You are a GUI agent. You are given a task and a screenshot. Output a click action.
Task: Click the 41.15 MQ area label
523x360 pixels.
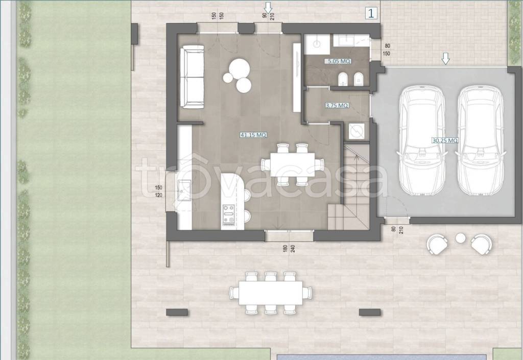pos(253,135)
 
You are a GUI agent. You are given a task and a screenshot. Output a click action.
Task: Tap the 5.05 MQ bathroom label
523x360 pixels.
pos(338,61)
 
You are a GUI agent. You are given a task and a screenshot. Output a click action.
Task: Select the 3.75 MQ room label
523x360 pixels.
pos(337,105)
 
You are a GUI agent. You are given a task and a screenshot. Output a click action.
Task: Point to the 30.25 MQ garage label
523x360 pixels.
pos(445,140)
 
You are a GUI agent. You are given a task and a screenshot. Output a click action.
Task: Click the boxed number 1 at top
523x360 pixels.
pos(371,13)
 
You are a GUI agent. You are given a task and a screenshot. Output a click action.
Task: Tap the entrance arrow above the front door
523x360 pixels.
pos(268,6)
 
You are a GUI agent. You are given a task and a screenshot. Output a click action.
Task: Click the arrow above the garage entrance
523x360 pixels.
pos(445,59)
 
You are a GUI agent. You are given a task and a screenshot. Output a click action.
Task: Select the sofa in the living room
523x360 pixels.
pos(192,77)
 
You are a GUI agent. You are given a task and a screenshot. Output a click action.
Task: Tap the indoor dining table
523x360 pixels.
pos(293,164)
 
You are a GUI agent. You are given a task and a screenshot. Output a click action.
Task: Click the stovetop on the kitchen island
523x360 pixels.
pos(228,214)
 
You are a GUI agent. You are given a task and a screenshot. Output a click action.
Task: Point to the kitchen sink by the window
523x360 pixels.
pos(184,190)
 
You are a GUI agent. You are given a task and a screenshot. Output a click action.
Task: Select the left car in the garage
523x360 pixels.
pos(422,140)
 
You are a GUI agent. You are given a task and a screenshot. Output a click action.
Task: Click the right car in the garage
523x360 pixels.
pos(480,140)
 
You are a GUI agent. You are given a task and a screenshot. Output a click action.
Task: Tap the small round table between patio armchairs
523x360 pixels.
pos(461,238)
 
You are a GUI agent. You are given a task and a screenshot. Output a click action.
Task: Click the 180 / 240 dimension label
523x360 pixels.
pos(290,248)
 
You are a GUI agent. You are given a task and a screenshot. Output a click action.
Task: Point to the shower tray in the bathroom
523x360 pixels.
pos(317,44)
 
